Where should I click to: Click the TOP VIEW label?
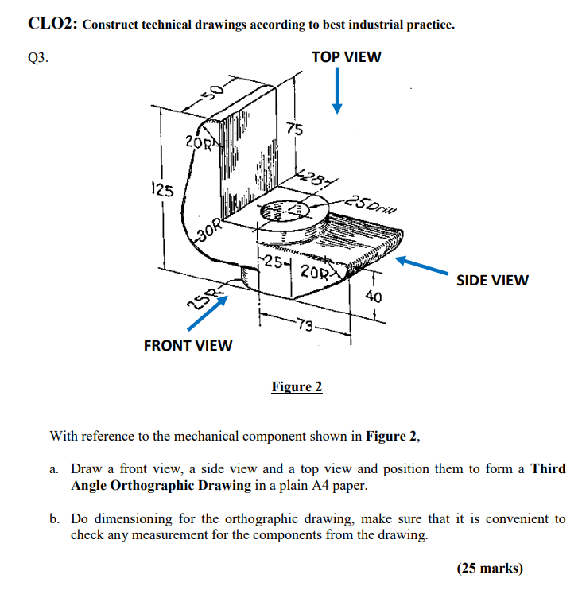[x=346, y=57]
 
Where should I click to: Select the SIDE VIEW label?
[x=491, y=280]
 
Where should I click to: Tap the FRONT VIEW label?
[x=188, y=345]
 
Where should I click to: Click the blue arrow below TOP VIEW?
[x=338, y=91]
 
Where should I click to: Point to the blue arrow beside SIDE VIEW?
[x=425, y=266]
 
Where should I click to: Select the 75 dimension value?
[x=294, y=130]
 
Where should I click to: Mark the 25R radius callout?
[x=200, y=300]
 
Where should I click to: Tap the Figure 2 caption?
[x=297, y=387]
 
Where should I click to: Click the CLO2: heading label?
[x=52, y=23]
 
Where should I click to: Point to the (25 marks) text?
[x=490, y=568]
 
